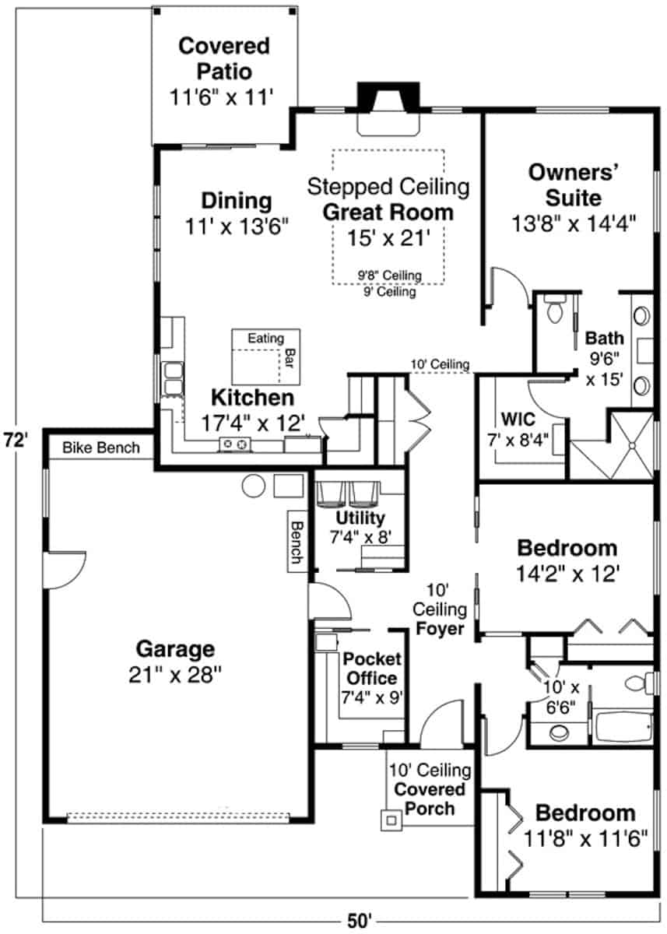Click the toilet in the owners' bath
click(x=556, y=310)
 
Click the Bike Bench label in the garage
click(x=101, y=448)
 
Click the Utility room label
click(x=360, y=518)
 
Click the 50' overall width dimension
click(x=359, y=921)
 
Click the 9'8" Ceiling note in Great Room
click(x=389, y=275)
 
